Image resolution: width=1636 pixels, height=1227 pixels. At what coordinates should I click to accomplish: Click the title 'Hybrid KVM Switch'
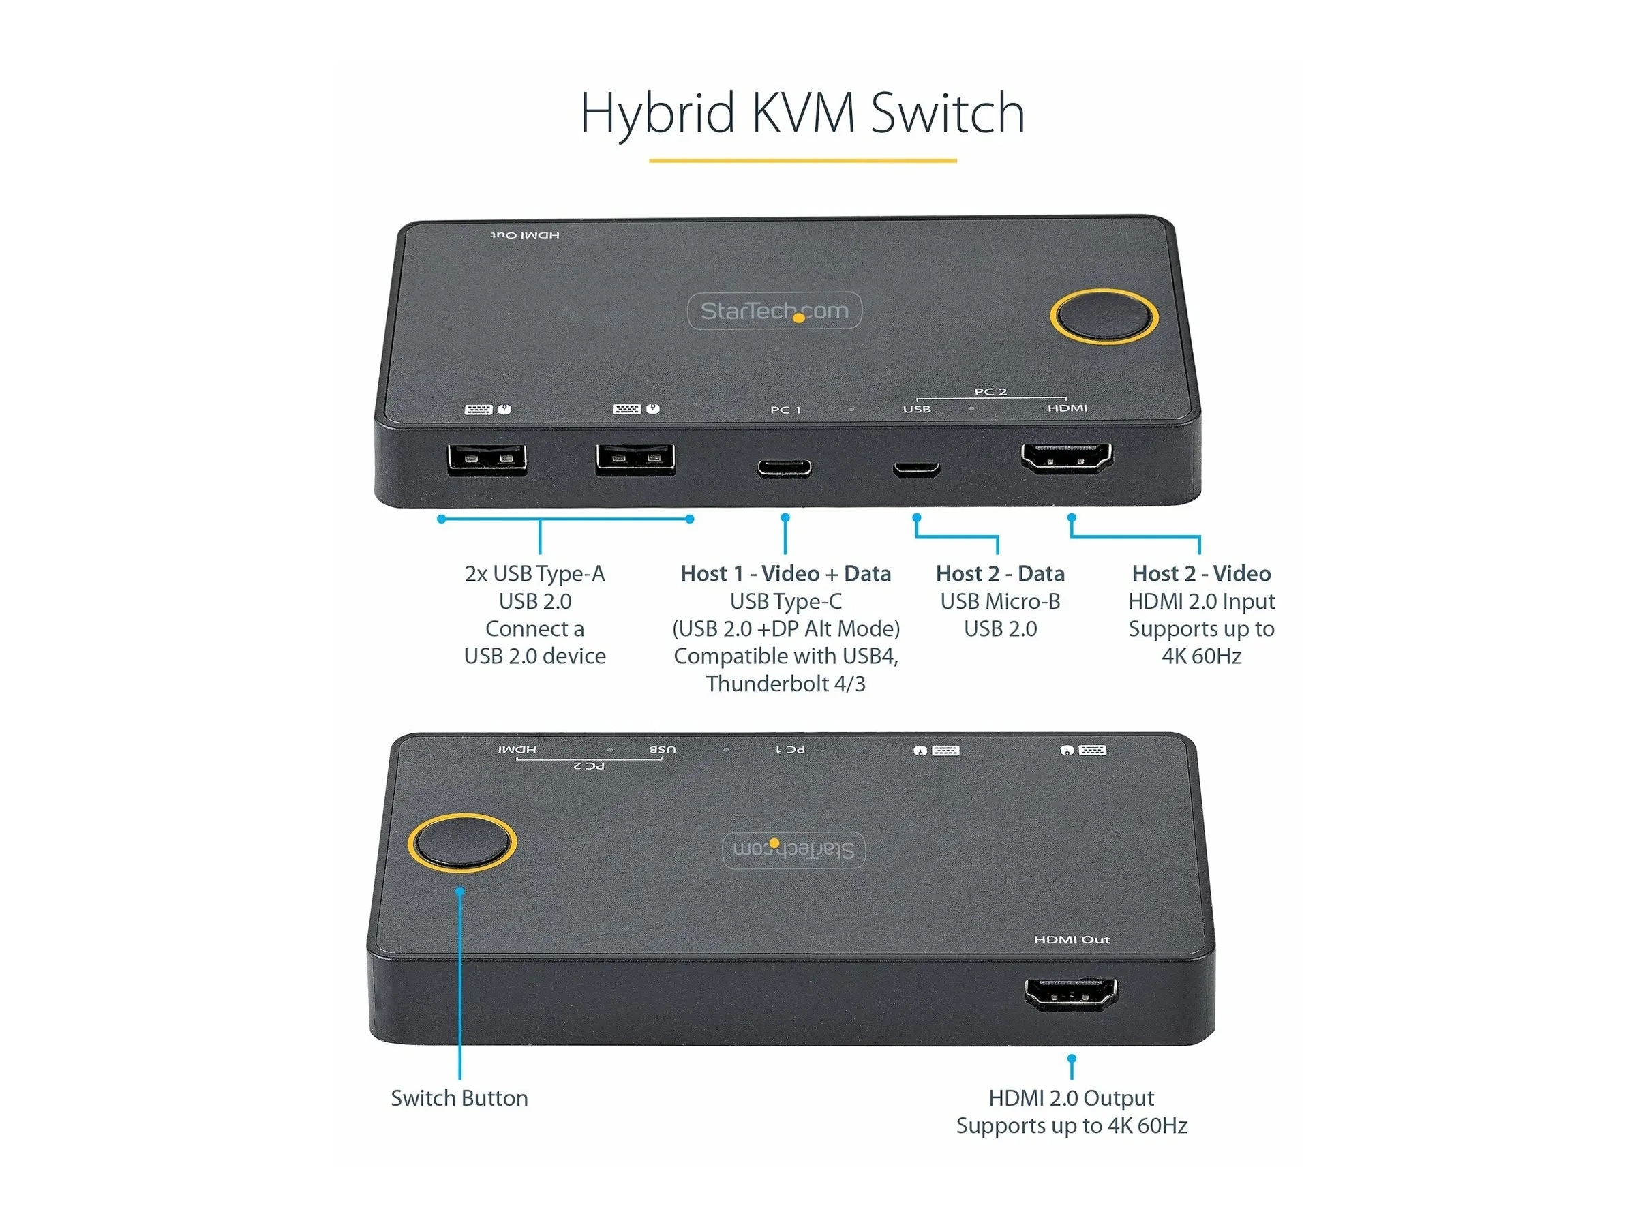point(802,113)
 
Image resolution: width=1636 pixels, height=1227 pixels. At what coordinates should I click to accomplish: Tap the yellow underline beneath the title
point(802,160)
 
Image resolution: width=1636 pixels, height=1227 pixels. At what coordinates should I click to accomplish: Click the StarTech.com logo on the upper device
point(774,311)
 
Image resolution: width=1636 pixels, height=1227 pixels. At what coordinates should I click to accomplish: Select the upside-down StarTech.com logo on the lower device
point(793,849)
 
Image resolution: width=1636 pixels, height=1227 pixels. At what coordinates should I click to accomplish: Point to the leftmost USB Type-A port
point(487,459)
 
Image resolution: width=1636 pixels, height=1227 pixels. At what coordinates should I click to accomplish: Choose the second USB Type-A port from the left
point(635,459)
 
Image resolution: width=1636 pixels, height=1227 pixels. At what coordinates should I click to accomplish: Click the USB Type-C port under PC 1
point(784,468)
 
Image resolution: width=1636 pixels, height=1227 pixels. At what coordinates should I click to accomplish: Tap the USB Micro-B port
point(916,469)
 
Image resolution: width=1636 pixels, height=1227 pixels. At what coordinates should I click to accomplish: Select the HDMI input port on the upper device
point(1067,459)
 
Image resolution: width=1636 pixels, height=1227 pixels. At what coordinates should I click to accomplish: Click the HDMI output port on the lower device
point(1071,993)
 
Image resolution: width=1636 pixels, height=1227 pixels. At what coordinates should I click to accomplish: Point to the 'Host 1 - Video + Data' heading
point(785,573)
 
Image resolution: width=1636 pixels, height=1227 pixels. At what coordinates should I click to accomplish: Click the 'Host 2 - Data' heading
point(1000,573)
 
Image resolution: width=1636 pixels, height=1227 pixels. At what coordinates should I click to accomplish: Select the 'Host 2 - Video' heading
point(1201,573)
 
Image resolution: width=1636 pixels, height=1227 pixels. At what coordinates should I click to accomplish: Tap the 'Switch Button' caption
point(459,1097)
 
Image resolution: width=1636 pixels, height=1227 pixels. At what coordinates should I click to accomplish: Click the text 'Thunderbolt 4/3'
point(785,684)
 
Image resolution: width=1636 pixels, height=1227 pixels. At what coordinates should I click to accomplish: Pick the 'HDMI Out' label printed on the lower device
point(1072,939)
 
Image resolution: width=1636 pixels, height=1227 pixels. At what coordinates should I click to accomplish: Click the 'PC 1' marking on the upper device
point(785,410)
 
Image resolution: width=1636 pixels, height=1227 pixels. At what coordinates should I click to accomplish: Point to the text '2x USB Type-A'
point(534,574)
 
